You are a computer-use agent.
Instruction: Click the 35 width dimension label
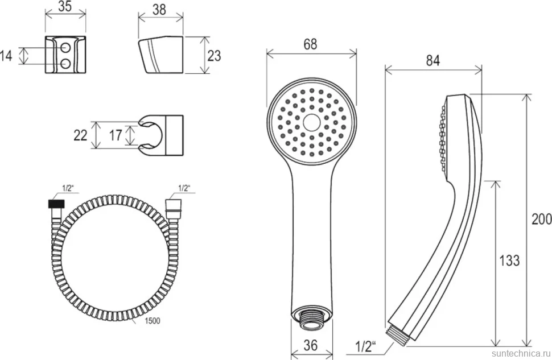pyautogui.click(x=65, y=6)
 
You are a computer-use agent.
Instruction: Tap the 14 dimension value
pyautogui.click(x=6, y=56)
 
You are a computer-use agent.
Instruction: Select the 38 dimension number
pyautogui.click(x=159, y=10)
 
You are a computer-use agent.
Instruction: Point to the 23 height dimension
pyautogui.click(x=214, y=56)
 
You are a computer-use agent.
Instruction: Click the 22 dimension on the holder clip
pyautogui.click(x=80, y=135)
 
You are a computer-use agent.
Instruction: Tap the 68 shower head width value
pyautogui.click(x=310, y=44)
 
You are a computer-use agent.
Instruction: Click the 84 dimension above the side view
pyautogui.click(x=432, y=60)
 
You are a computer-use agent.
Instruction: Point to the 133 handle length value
pyautogui.click(x=509, y=260)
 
